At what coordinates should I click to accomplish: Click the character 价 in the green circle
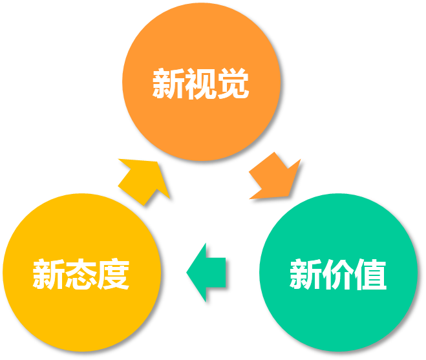tap(338, 275)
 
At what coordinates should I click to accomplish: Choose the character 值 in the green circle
tap(370, 275)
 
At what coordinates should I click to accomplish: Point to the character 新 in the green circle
tap(306, 275)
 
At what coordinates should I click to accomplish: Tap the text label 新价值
tap(338, 275)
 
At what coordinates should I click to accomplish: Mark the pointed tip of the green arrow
tap(187, 272)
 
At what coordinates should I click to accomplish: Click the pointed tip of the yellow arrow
tap(169, 198)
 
